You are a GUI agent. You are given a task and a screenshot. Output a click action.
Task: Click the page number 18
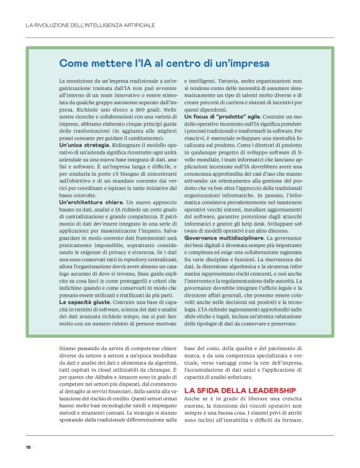pos(28,447)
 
